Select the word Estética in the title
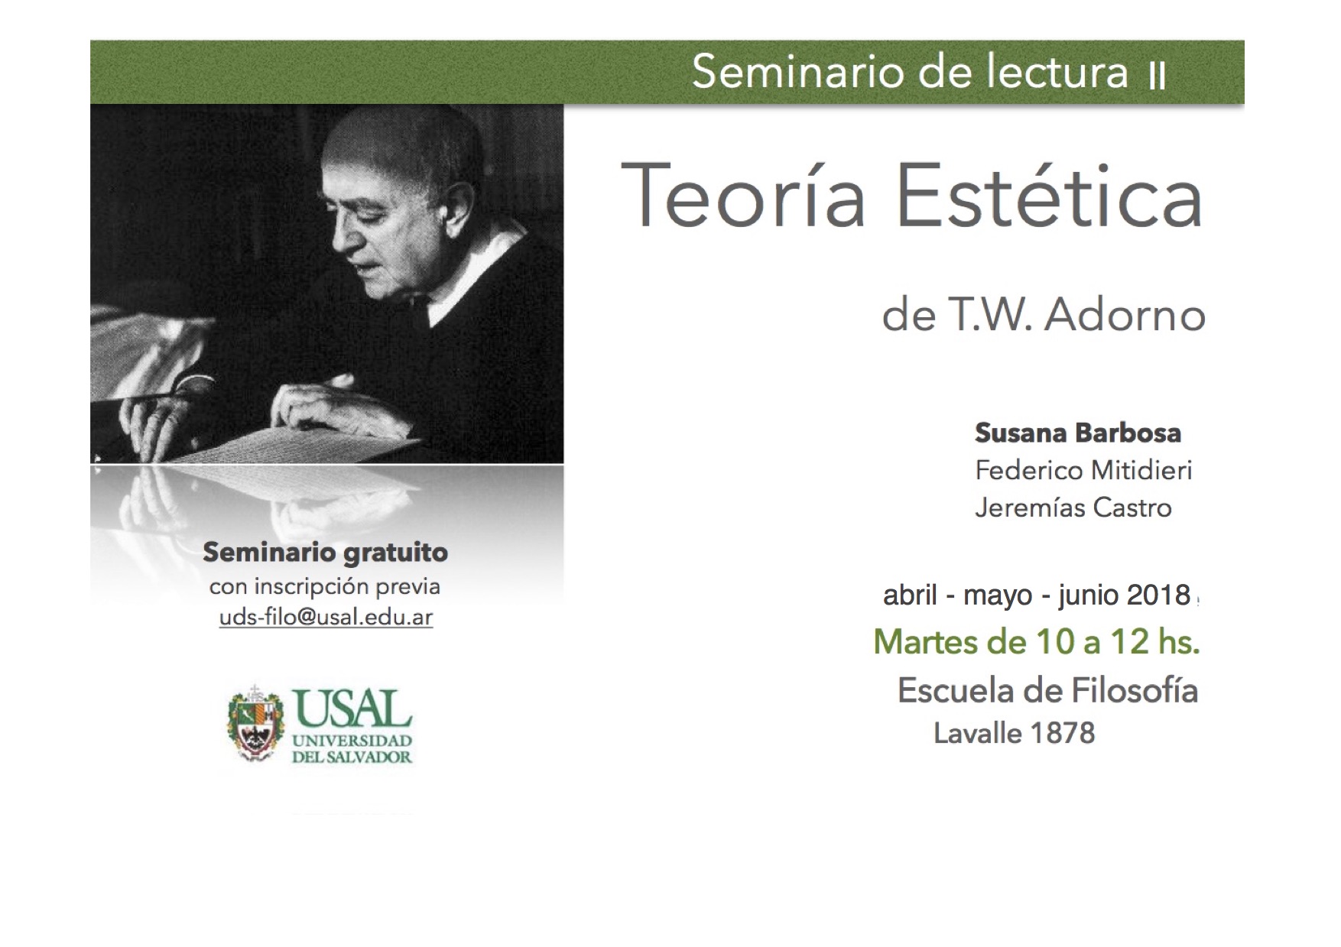point(1050,195)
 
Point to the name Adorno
point(1125,315)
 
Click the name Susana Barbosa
point(1078,433)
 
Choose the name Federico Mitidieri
point(1083,470)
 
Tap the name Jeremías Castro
point(1073,508)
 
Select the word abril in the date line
point(910,595)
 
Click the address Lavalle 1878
point(1015,734)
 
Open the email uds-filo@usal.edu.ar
point(326,618)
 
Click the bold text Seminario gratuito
point(325,553)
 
